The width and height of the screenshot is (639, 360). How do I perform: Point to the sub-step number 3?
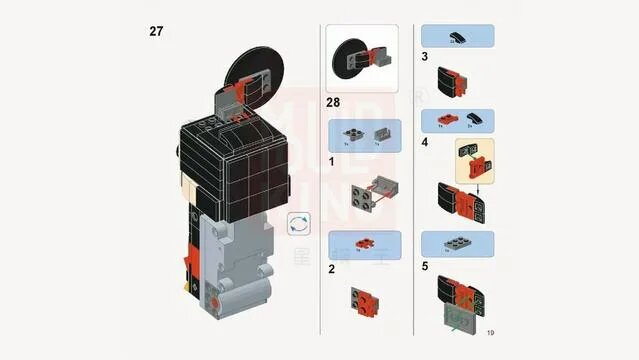click(x=425, y=57)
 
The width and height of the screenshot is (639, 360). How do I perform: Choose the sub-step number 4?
click(x=425, y=143)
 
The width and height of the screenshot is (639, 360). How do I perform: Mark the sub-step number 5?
click(x=425, y=266)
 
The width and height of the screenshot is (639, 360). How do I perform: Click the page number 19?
click(x=490, y=332)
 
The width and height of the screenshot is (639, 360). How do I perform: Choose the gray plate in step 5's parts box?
click(x=455, y=243)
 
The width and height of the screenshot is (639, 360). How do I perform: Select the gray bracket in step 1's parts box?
click(x=380, y=134)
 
